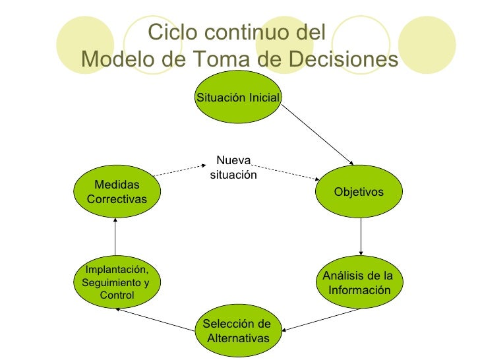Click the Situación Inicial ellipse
point(239,98)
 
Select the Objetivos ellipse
point(359,192)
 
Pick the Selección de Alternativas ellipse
point(237,331)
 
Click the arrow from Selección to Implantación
point(154,319)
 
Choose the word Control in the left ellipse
point(117,295)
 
